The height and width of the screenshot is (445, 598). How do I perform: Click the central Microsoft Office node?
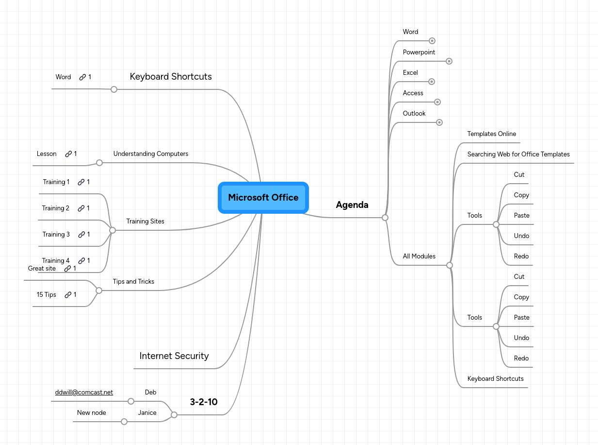[x=263, y=197]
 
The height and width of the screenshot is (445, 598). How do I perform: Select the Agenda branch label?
[x=352, y=205]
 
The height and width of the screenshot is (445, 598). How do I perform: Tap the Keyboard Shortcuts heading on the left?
[x=171, y=77]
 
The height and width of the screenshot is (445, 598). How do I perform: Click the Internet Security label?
[x=174, y=356]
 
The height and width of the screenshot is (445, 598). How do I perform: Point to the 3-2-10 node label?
[x=204, y=402]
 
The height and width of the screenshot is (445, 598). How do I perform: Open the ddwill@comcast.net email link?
[x=84, y=393]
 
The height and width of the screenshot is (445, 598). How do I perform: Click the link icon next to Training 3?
[x=81, y=235]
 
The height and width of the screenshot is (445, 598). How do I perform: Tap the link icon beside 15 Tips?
[x=68, y=295]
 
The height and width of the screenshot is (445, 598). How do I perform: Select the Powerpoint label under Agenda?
[x=419, y=52]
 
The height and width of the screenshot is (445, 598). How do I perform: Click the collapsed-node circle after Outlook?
[x=439, y=122]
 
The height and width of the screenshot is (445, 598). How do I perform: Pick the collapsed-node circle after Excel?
[x=432, y=82]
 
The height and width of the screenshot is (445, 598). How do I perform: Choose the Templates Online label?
[x=492, y=134]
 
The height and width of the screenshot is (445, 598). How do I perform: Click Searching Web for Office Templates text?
[x=518, y=154]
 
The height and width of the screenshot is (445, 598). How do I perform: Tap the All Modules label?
[x=419, y=257]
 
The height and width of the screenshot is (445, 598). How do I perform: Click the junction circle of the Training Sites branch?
[x=113, y=230]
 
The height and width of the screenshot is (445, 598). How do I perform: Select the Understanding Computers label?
[x=151, y=154]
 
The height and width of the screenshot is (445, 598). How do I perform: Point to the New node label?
[x=91, y=413]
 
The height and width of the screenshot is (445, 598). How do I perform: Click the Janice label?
[x=147, y=413]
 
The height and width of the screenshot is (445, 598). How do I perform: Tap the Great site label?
[x=42, y=269]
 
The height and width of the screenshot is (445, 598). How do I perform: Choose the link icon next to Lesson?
[x=68, y=154]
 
